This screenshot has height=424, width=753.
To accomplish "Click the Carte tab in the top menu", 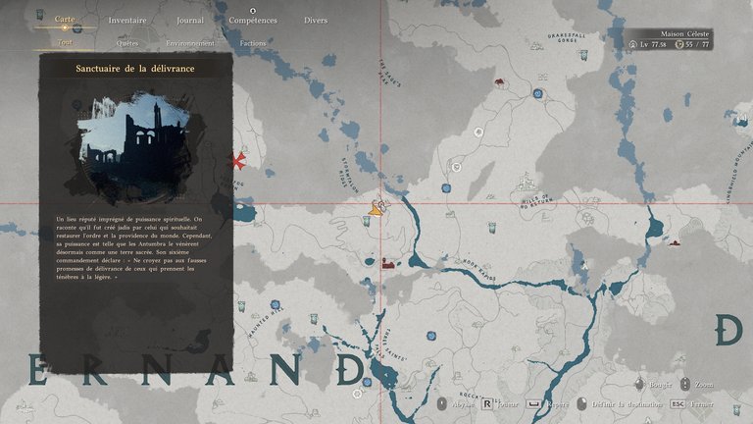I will [x=64, y=20].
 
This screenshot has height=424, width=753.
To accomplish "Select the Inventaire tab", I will [x=128, y=20].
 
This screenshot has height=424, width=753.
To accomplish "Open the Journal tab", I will [x=190, y=20].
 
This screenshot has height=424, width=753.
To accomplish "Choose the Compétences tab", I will [x=253, y=20].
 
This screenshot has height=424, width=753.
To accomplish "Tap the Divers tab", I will [x=316, y=20].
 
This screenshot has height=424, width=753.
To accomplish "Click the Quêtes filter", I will [x=126, y=43].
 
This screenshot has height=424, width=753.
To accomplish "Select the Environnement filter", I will [x=189, y=43].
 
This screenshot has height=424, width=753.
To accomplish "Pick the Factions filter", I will [x=254, y=43].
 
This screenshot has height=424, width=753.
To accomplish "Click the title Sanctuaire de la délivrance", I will [x=135, y=68].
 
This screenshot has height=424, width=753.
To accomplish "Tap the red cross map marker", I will [x=236, y=159].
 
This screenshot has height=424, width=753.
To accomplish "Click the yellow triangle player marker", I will [x=375, y=209].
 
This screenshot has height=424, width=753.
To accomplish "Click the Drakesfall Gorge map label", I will [x=567, y=38].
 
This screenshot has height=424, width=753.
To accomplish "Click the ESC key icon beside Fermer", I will [x=678, y=403].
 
